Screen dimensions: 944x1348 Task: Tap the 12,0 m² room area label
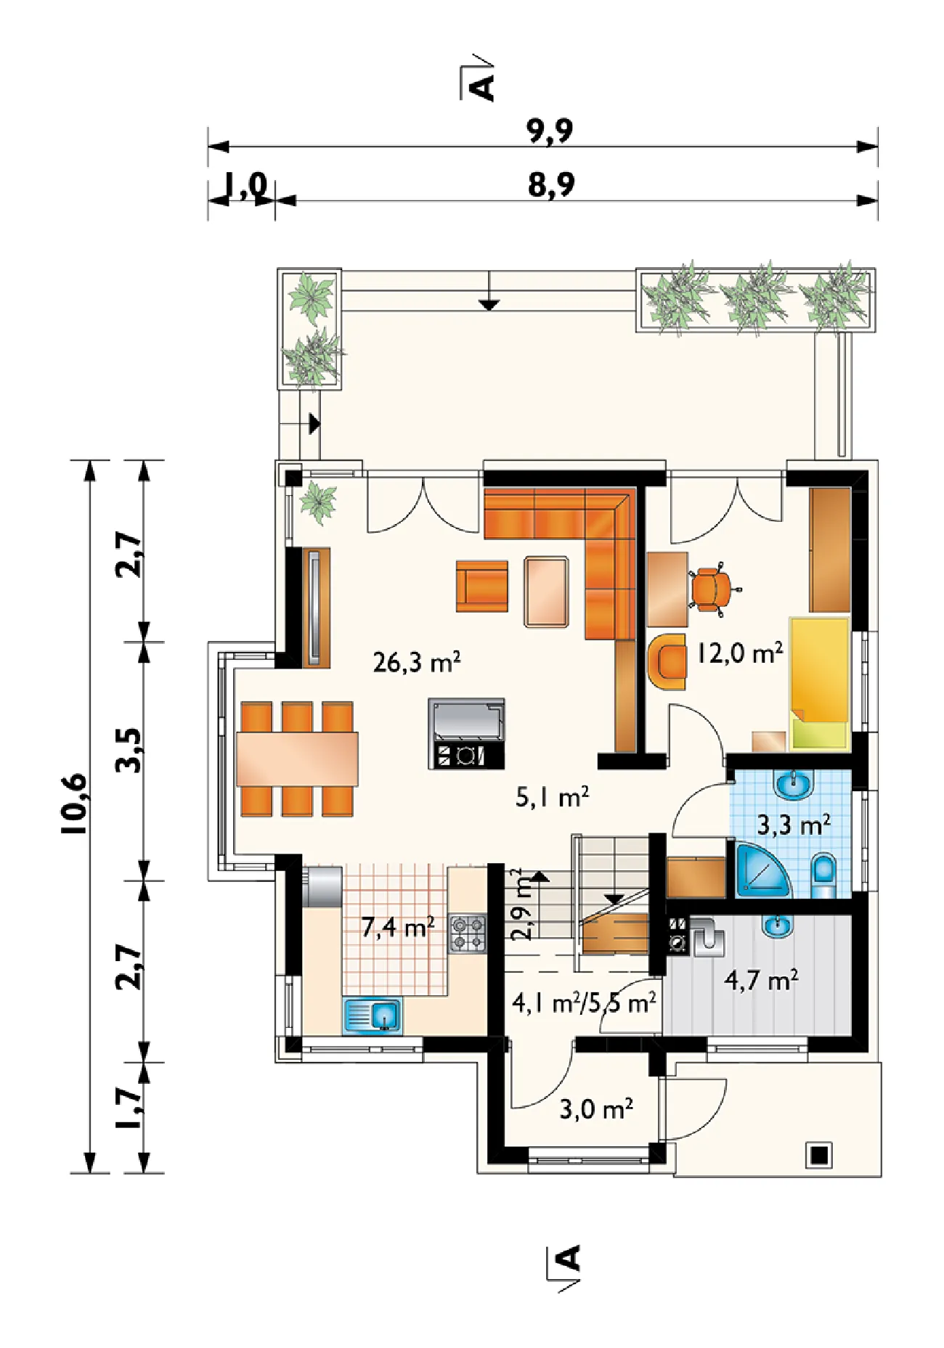click(740, 653)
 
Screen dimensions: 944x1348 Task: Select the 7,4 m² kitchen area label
click(398, 926)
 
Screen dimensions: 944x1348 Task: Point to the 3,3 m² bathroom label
click(794, 825)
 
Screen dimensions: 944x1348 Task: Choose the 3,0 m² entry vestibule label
click(596, 1108)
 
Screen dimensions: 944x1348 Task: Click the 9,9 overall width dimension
click(550, 131)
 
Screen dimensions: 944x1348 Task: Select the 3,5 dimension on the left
click(129, 751)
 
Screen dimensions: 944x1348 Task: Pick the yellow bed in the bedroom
click(820, 683)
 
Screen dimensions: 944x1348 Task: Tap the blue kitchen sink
click(372, 1015)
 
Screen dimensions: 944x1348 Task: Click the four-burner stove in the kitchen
click(468, 934)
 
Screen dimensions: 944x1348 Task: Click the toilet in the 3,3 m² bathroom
click(823, 875)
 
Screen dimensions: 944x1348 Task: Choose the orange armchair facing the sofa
click(482, 586)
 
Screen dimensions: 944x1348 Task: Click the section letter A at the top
click(481, 86)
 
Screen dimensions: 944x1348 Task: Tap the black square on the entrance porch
click(819, 1155)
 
